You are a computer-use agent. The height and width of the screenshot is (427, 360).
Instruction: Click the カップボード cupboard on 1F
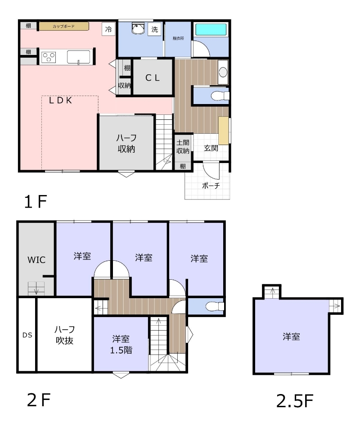64,26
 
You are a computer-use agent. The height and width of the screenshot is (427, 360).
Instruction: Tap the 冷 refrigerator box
108,29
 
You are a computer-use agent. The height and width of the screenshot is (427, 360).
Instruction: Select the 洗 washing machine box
154,29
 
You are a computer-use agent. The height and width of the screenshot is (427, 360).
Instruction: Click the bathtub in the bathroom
211,29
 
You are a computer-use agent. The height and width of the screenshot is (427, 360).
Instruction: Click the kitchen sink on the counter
78,57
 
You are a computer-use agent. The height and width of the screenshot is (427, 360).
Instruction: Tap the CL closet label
153,78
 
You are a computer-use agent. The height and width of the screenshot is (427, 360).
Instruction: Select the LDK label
60,100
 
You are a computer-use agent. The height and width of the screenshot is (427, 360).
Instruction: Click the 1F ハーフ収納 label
126,143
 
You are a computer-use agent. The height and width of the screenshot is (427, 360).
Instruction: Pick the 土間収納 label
183,146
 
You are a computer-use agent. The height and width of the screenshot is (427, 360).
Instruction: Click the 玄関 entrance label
211,148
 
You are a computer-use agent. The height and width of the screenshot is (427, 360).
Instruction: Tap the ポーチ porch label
211,186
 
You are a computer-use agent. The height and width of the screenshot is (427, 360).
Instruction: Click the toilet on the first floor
220,95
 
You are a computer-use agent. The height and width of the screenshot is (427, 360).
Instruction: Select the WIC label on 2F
36,260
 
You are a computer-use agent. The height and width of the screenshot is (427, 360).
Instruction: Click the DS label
27,335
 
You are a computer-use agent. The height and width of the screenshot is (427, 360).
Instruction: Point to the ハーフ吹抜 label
64,335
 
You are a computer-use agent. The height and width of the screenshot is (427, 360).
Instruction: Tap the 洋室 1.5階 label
121,344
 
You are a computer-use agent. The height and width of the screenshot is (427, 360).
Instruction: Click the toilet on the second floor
215,306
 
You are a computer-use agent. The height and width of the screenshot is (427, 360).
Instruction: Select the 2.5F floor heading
295,401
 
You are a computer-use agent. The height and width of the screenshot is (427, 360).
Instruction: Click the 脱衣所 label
178,38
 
